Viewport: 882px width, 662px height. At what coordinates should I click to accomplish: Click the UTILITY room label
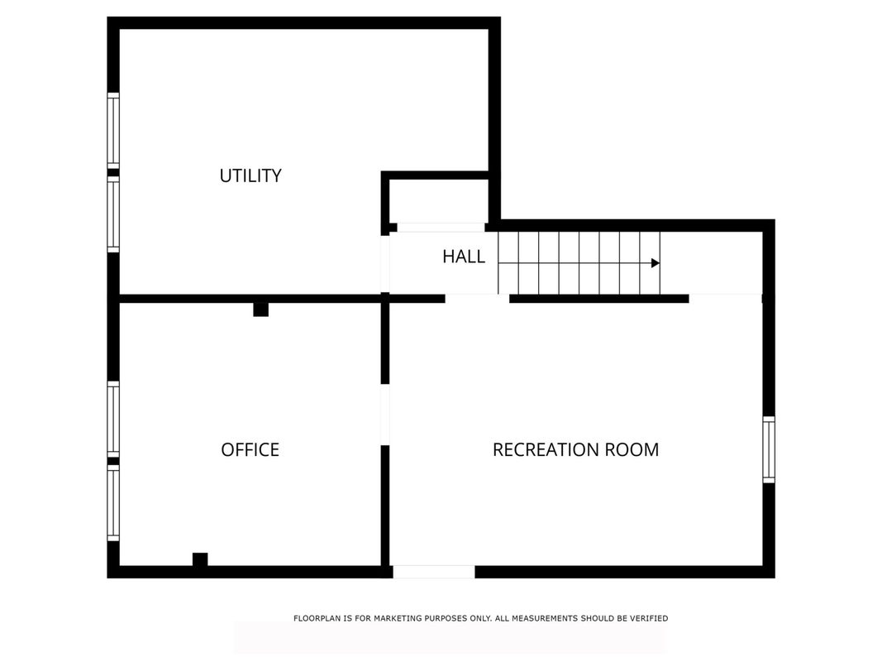pos(250,175)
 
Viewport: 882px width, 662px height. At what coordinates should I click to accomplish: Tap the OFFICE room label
pos(250,450)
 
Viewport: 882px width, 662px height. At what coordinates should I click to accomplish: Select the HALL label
pos(464,257)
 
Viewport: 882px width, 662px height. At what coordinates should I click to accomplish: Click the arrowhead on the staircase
pos(656,263)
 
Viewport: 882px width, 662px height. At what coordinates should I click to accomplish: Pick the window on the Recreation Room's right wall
pos(769,450)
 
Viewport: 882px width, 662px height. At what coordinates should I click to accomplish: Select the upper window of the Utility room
pos(113,130)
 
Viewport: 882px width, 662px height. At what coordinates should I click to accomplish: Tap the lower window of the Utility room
pos(113,214)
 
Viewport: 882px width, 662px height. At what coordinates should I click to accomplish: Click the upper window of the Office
pos(113,420)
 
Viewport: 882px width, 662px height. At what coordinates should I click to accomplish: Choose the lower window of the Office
pos(113,502)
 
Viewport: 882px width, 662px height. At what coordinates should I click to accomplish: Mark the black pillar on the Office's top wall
pos(260,309)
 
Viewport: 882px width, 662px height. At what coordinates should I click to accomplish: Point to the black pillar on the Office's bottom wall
pos(200,559)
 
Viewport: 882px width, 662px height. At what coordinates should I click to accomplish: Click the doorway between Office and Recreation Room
pos(385,415)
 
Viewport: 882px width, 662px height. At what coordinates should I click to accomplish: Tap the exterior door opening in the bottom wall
pos(434,572)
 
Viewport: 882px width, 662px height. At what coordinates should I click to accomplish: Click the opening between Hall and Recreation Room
pos(477,299)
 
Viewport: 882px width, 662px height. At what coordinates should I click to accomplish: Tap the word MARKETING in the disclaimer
pos(398,618)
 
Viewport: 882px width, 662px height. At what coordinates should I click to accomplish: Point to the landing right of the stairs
pos(712,263)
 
